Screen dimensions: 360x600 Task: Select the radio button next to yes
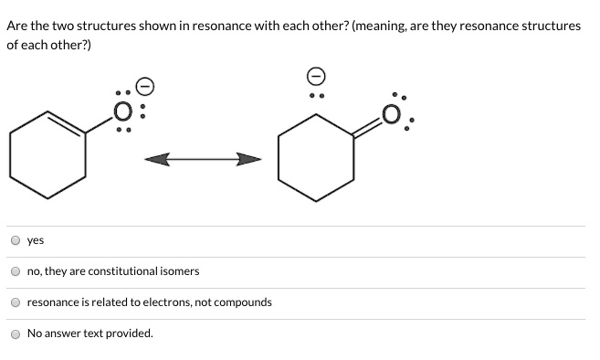click(15, 241)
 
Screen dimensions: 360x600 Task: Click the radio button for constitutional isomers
click(15, 271)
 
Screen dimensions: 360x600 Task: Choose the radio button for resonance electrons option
click(15, 302)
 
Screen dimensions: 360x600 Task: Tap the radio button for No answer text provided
click(15, 334)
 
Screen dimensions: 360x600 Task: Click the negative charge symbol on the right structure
click(315, 74)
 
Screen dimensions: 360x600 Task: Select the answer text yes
click(36, 241)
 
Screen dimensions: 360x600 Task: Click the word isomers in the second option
click(179, 271)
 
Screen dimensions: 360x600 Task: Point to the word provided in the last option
click(131, 334)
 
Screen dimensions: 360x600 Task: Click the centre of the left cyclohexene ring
click(47, 156)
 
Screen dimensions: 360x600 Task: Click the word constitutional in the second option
click(121, 271)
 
